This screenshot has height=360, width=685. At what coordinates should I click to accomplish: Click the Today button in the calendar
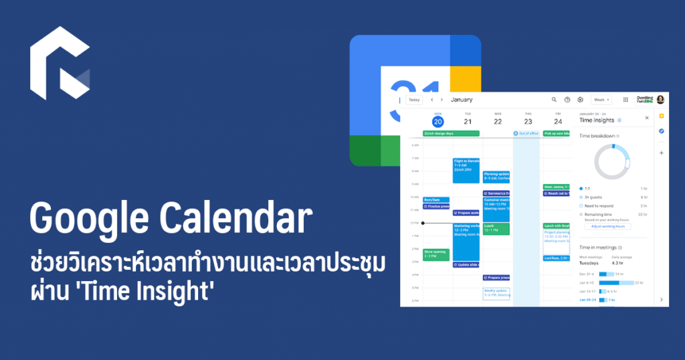coord(414,100)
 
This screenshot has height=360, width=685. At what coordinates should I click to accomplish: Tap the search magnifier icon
coord(554,100)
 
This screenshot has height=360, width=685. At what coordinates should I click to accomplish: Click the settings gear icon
coord(580,100)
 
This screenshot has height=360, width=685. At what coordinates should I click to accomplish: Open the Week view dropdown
coord(601,100)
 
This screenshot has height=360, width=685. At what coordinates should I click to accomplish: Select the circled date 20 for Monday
coord(437,122)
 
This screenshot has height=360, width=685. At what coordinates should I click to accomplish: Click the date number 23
coord(528,122)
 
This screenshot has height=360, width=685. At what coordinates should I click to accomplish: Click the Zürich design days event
coord(451,133)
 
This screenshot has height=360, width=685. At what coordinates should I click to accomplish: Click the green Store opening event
coord(435,254)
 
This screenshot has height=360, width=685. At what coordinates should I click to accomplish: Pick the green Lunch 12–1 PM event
coord(496,229)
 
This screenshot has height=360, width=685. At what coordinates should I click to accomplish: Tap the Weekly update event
coord(496,293)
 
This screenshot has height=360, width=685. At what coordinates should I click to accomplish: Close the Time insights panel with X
coord(647,118)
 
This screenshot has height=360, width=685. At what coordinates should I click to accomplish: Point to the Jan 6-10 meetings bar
coord(616,282)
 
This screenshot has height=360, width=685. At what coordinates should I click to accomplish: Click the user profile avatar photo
coord(660,100)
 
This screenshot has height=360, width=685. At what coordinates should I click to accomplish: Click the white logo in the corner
coord(60,64)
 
